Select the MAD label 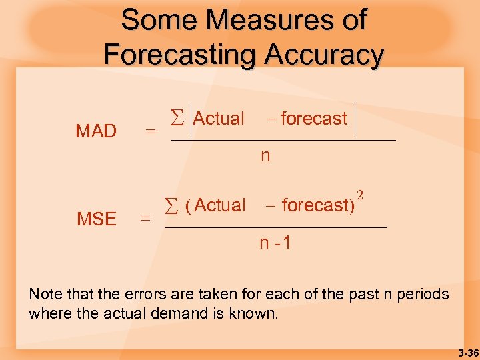point(96,131)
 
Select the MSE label point(97,219)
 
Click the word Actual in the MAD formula point(219,119)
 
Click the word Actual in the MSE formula point(221,205)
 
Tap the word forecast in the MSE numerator point(314,205)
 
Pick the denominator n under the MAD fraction point(265,156)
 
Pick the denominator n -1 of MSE point(275,243)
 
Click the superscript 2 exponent point(360,195)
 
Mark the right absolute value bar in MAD point(355,119)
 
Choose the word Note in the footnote point(46,294)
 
